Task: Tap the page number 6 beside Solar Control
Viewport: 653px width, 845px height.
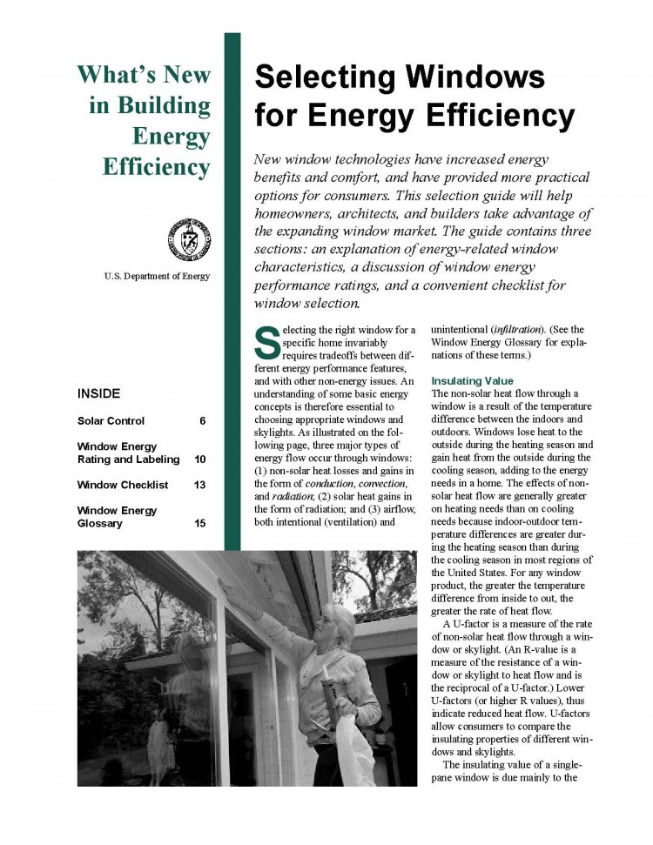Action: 202,421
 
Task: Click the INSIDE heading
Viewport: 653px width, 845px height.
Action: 99,393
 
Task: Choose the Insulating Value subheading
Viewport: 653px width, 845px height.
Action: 472,381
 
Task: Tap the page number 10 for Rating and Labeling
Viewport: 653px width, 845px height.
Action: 200,459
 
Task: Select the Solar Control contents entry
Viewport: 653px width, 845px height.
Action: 110,421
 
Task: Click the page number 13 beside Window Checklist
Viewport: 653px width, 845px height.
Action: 200,485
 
